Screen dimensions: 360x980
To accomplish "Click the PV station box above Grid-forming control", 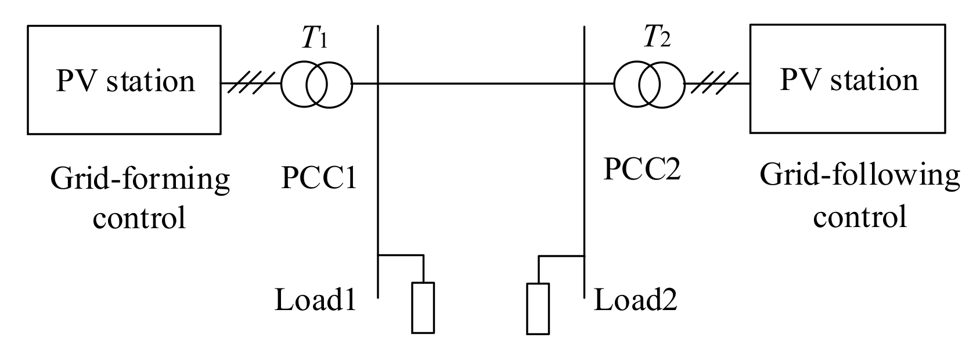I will point(124,80).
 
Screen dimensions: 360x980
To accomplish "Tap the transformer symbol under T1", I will point(317,84).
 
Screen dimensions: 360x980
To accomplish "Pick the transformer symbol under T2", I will point(649,84).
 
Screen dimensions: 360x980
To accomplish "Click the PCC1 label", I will point(319,178).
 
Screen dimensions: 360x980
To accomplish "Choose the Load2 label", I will point(635,301).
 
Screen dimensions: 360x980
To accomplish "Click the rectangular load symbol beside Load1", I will point(423,307).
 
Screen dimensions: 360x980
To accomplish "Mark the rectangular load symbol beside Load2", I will point(538,308).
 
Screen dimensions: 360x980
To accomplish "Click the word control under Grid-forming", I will point(140,218).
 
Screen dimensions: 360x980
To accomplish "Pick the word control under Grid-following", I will point(859,216).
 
